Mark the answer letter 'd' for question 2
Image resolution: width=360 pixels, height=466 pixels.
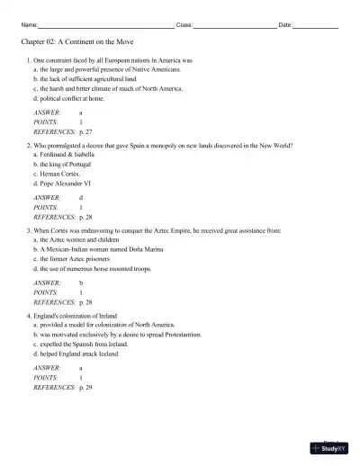[x=82, y=197]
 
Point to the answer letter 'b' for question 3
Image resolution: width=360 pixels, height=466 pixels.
[x=82, y=282]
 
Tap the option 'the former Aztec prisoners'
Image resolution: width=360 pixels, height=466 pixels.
[x=75, y=259]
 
